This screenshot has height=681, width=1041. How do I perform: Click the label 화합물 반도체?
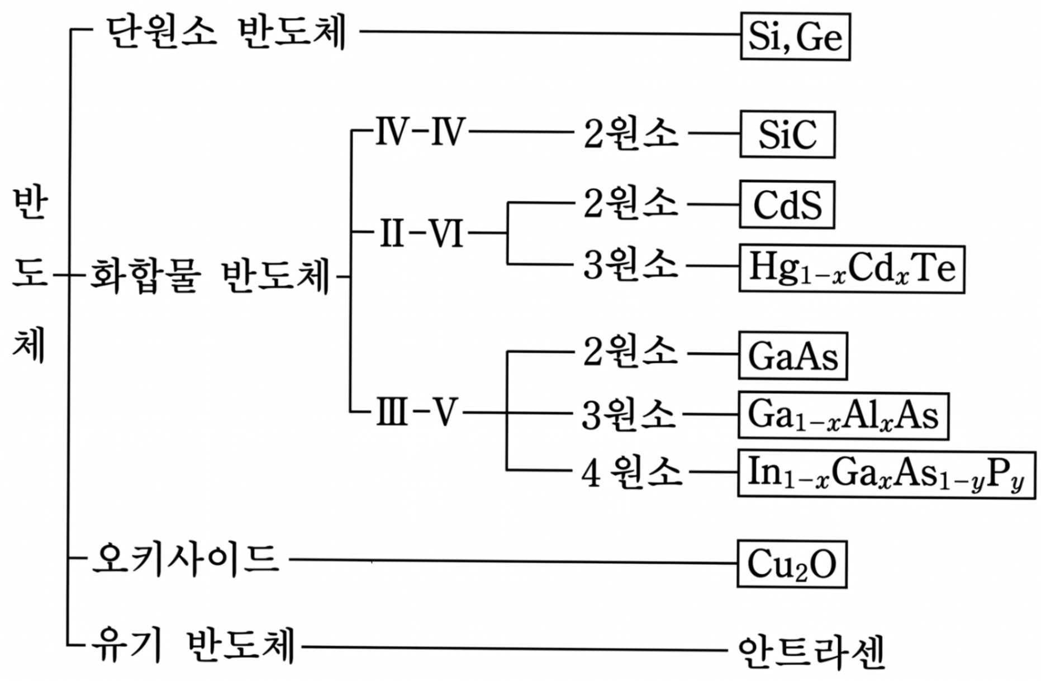[x=210, y=276]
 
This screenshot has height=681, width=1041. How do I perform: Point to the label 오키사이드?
[x=185, y=558]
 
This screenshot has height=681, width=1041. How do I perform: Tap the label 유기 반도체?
[x=193, y=645]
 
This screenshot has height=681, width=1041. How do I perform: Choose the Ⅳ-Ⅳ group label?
[x=420, y=133]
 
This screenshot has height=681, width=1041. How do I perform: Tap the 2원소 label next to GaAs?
[x=631, y=352]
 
